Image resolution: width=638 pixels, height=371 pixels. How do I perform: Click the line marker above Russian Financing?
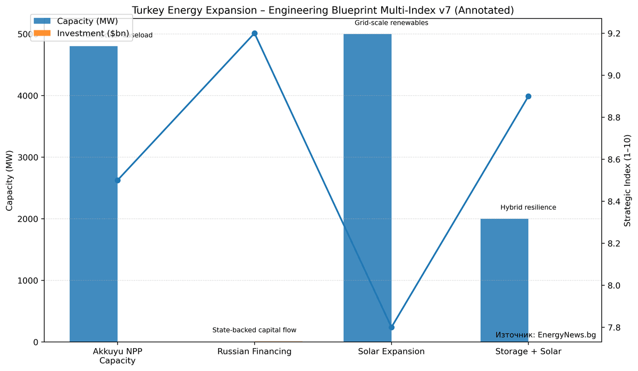click(x=254, y=34)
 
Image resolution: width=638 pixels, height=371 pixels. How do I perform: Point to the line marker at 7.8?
click(x=391, y=327)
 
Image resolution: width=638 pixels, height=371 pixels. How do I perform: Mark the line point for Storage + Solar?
click(x=528, y=96)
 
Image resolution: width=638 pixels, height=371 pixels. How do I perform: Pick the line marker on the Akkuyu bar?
click(x=117, y=180)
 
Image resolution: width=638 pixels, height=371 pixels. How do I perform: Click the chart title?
click(x=323, y=10)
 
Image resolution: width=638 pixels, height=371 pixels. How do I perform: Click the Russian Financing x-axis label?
click(x=254, y=351)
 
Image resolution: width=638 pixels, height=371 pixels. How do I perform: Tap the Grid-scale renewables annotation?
click(x=391, y=23)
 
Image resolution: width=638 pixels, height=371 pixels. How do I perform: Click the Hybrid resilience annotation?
click(x=528, y=208)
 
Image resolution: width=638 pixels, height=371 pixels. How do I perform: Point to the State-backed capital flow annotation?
click(x=254, y=331)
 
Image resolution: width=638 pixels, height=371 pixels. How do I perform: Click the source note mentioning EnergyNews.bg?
click(x=545, y=335)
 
